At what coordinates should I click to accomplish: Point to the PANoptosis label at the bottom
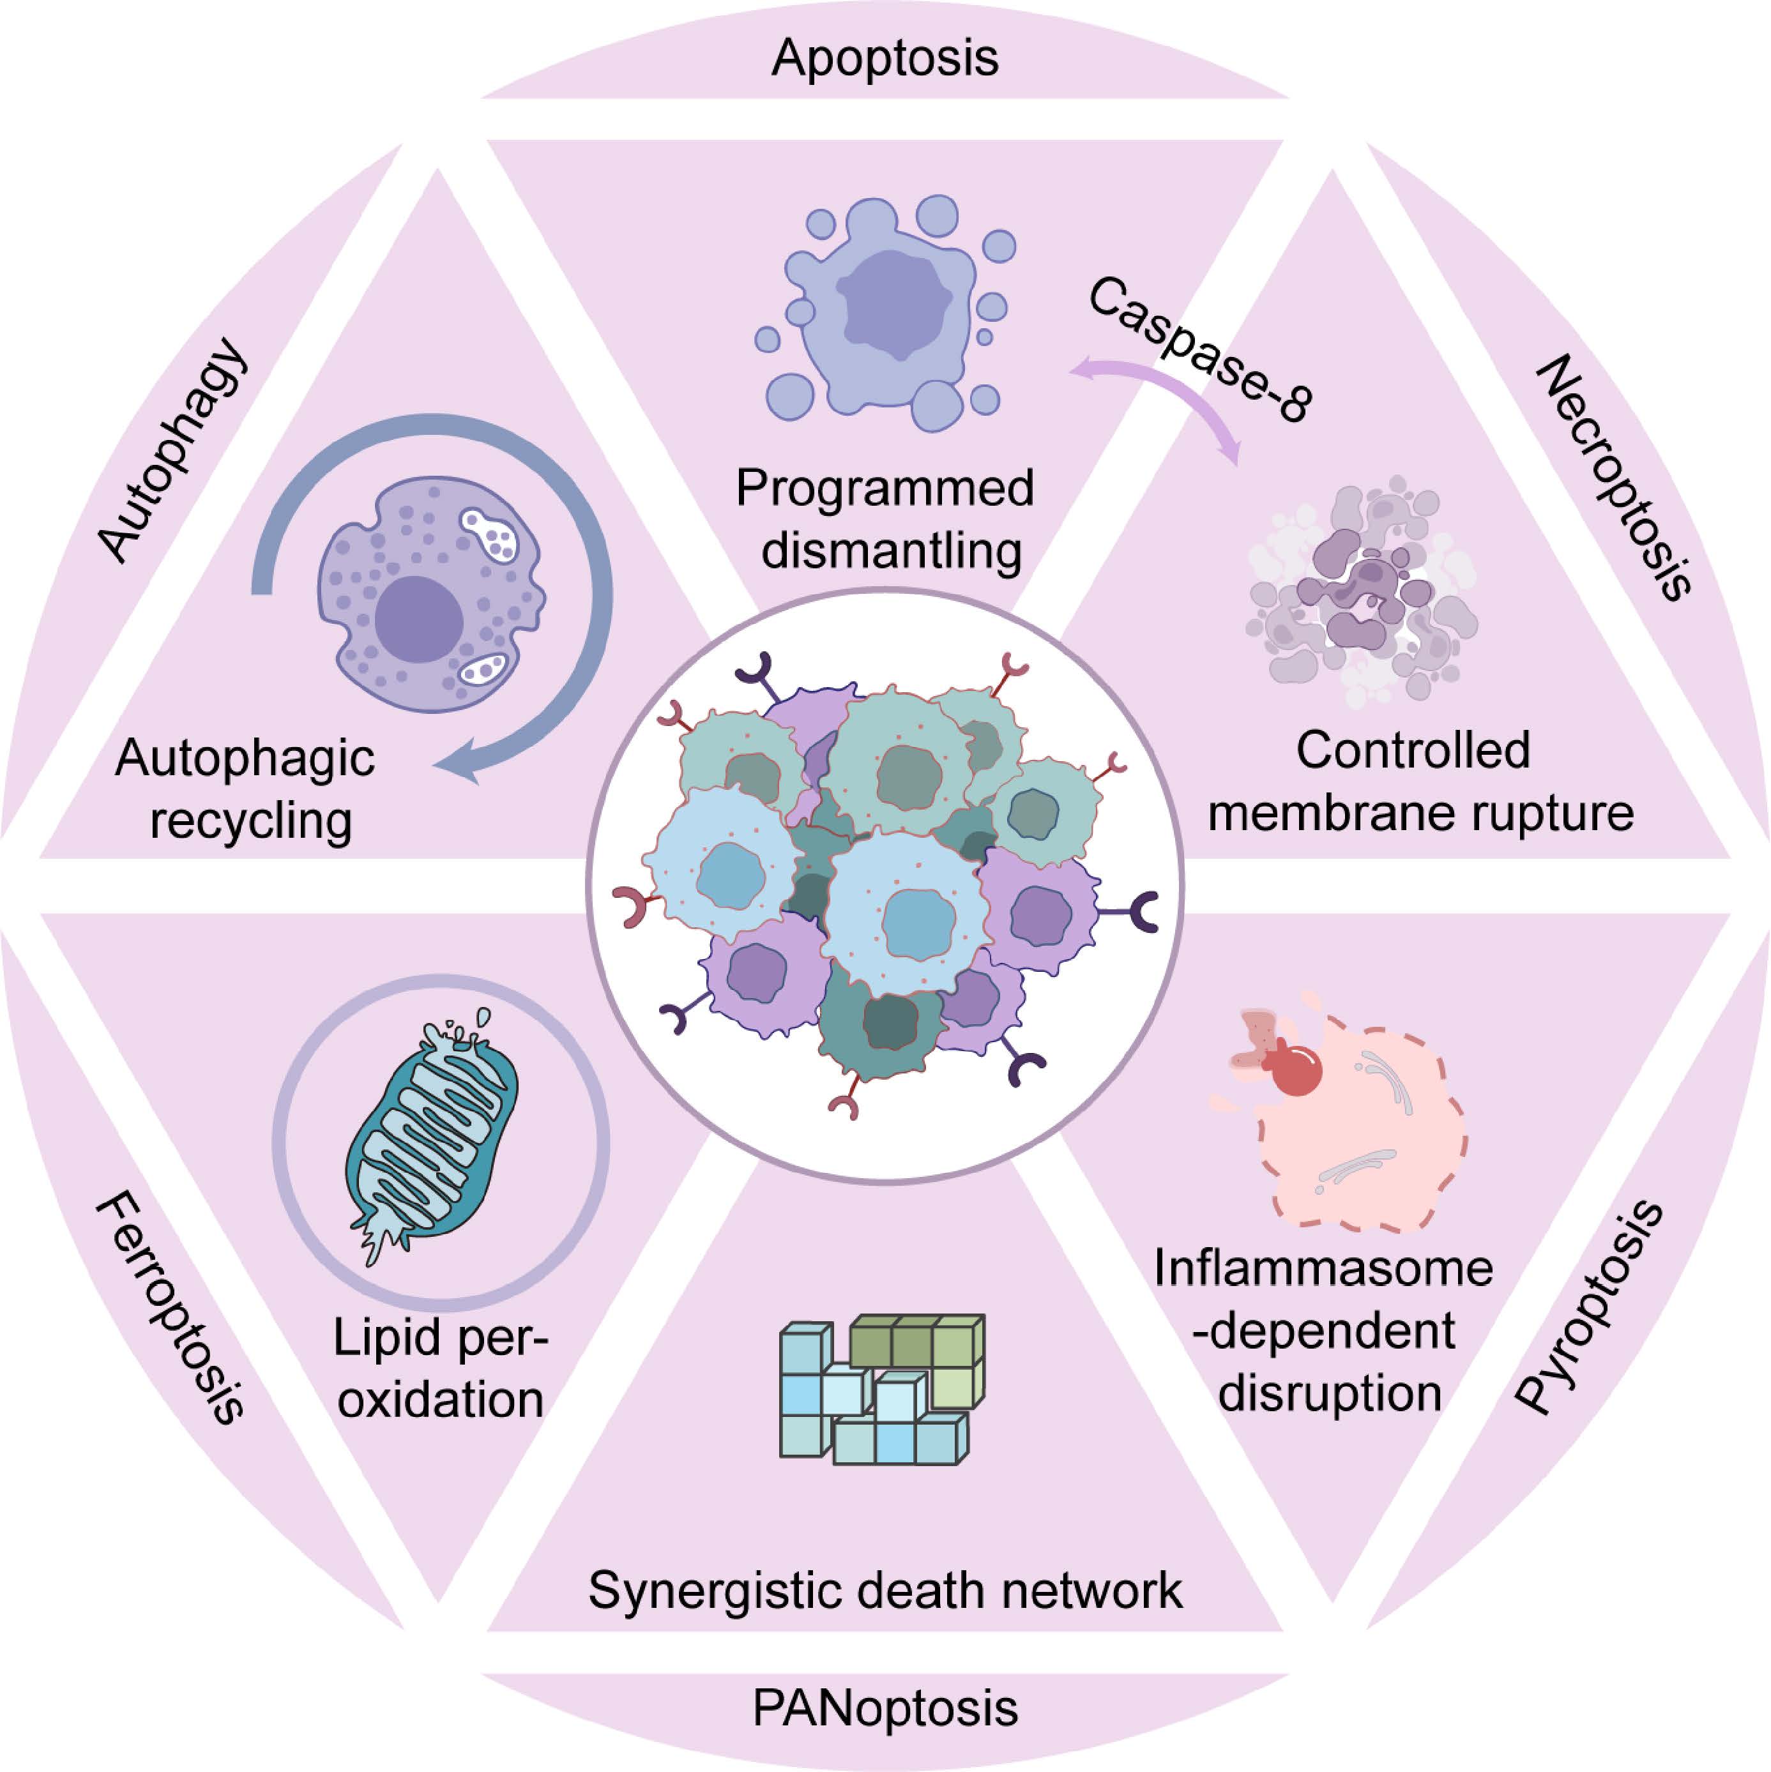coord(885,1708)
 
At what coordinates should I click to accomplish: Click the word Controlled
coord(1413,750)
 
